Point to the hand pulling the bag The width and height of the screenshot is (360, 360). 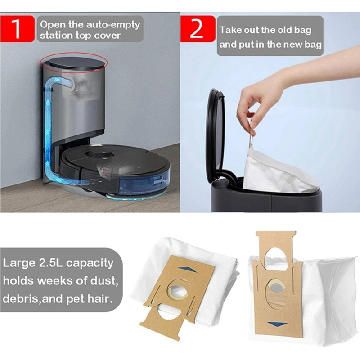(x=252, y=103)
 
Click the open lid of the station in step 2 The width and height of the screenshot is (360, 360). (x=215, y=130)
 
